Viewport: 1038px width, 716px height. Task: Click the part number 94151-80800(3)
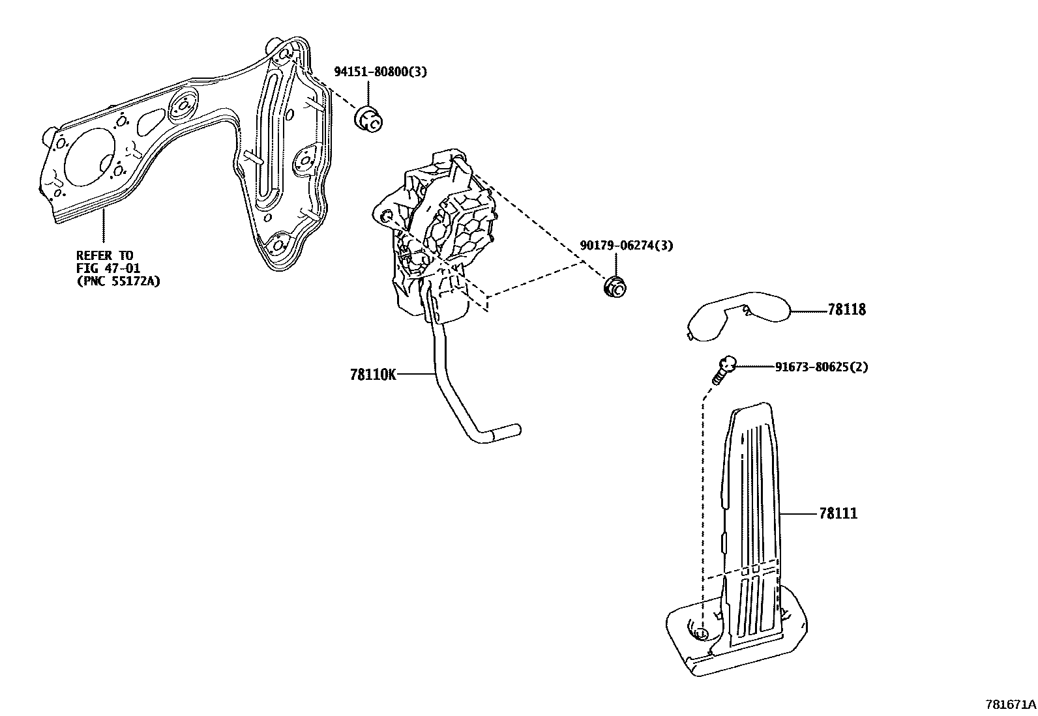380,72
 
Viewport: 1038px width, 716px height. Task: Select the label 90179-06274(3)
626,246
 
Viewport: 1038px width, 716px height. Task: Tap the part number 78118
846,310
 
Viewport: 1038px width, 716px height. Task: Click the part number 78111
838,514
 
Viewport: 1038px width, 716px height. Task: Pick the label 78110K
372,375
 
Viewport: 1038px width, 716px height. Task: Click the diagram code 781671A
1010,704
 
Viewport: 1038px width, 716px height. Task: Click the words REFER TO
104,255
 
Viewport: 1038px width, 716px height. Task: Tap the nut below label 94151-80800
369,119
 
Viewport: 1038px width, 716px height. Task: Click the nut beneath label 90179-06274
612,287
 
